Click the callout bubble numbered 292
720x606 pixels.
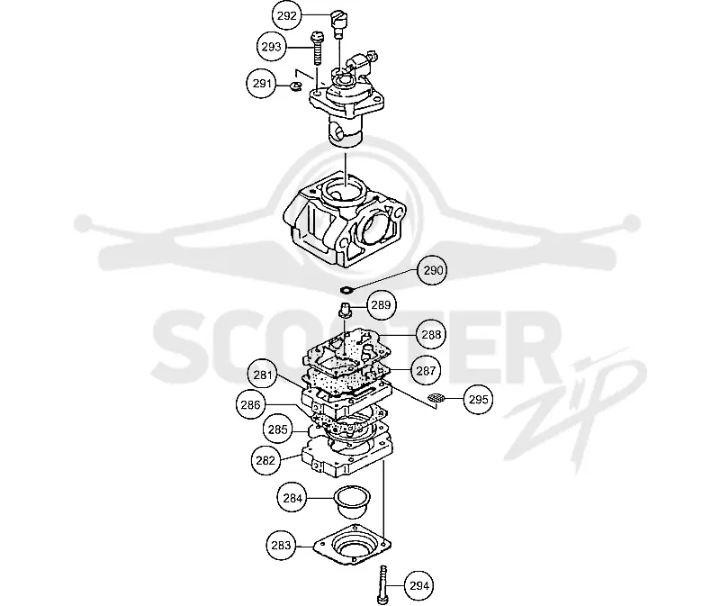point(287,15)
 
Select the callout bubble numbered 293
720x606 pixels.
point(272,47)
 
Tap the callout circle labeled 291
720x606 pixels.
point(262,84)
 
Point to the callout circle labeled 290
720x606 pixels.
point(433,270)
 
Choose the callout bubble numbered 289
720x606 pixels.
point(381,304)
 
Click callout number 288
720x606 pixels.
point(431,334)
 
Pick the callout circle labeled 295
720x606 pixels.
point(479,399)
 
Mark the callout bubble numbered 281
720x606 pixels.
point(263,375)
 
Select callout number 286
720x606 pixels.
point(250,405)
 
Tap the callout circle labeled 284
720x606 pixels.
point(292,498)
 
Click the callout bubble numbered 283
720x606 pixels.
point(281,546)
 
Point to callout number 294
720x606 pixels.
point(419,586)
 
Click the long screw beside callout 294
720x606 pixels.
point(383,585)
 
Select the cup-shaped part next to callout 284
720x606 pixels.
point(352,502)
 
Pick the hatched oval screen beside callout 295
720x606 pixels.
point(436,398)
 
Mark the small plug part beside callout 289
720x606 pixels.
point(345,310)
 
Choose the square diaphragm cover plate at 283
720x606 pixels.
point(352,544)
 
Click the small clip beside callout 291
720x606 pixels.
point(295,85)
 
